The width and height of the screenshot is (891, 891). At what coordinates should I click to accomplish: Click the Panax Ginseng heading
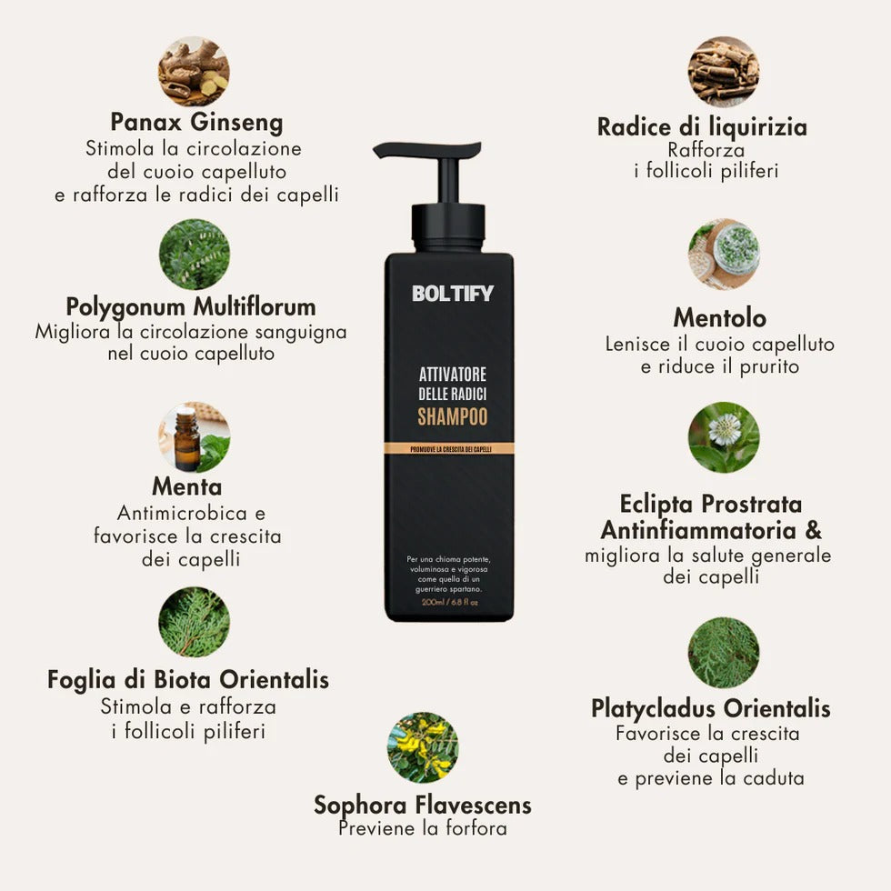196,122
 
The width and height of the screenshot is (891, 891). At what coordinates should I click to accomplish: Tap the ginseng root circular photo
194,72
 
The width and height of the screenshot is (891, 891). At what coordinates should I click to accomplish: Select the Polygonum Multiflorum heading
191,305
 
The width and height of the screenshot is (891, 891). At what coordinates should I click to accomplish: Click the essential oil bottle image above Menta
194,437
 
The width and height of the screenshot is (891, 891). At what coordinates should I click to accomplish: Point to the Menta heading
186,486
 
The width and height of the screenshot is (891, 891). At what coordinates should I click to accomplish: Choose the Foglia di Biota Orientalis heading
188,679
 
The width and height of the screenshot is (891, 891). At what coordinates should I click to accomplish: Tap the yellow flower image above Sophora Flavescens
423,747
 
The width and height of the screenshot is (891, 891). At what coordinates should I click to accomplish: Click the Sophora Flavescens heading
423,805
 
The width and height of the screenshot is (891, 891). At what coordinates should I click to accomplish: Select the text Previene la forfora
423,828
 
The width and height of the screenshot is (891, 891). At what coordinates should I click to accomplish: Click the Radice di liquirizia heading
702,126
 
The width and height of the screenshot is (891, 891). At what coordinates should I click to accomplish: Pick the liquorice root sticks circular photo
723,72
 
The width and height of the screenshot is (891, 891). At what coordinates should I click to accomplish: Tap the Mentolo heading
719,317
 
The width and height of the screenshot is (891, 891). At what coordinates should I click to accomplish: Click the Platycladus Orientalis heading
710,707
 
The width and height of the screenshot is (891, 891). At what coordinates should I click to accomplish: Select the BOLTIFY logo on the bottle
452,294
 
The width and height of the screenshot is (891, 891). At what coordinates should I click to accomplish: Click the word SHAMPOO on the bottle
452,417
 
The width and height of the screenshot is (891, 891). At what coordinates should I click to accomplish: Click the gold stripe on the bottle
449,448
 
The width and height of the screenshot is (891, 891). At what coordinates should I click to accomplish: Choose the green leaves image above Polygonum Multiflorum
194,254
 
